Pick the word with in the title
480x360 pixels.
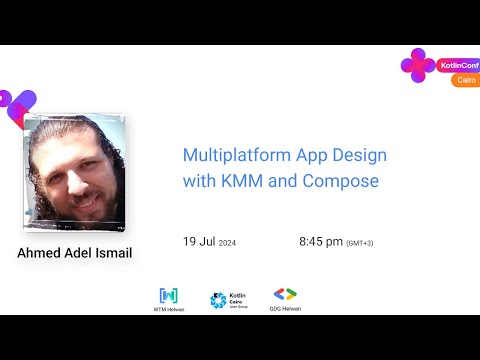(x=198, y=182)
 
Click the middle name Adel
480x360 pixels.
(x=81, y=253)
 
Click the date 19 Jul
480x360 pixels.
(x=198, y=242)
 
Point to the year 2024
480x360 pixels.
(x=227, y=243)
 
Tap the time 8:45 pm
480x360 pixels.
(x=320, y=242)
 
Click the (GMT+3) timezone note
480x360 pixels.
(x=361, y=243)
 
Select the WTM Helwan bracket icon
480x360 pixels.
(x=169, y=295)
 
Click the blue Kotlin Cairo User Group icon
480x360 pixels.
(x=218, y=299)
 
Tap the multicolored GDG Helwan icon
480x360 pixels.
(x=285, y=294)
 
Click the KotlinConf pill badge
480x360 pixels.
(x=457, y=66)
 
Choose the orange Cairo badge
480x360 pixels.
(x=464, y=80)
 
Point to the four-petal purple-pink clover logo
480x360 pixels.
(x=417, y=66)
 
